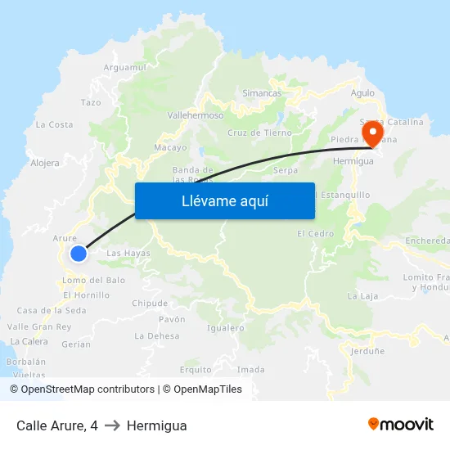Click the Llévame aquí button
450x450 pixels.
(x=225, y=200)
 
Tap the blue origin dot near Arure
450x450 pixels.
(x=79, y=254)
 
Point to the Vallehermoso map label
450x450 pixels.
(x=196, y=115)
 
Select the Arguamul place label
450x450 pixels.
(x=125, y=67)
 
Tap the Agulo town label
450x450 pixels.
(x=362, y=93)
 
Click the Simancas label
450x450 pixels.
(x=262, y=93)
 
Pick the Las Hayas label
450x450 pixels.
(x=128, y=254)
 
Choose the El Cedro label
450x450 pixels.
(x=316, y=234)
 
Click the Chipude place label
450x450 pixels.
(x=150, y=303)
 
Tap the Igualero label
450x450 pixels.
(x=226, y=328)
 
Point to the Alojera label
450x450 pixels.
(x=45, y=163)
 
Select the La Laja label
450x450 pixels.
(x=362, y=295)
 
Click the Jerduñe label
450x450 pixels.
(x=367, y=350)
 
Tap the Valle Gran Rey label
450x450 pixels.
(x=39, y=326)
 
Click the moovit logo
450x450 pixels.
(x=401, y=425)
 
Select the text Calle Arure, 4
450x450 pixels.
(x=57, y=425)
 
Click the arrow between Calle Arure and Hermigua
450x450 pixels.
(x=112, y=425)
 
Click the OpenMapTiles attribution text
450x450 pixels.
(x=205, y=389)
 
